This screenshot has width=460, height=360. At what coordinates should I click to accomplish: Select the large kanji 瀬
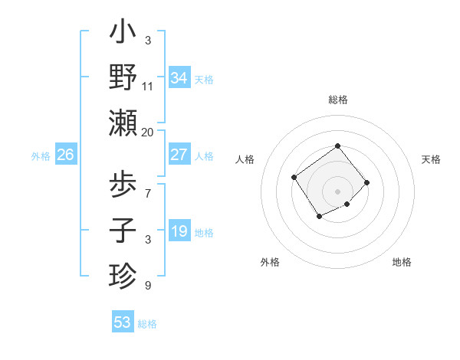[123, 123]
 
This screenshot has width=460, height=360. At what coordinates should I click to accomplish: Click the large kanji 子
[123, 230]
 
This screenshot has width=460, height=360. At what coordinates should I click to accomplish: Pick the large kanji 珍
[123, 274]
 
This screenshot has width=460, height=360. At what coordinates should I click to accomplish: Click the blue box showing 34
[179, 77]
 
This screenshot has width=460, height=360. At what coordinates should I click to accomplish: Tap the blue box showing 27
[179, 155]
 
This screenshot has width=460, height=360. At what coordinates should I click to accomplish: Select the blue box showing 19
[179, 231]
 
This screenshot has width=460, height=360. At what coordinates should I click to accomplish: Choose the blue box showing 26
[65, 155]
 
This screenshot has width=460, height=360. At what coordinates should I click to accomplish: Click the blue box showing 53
[123, 322]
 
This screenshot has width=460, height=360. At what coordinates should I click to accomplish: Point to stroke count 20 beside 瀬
[147, 133]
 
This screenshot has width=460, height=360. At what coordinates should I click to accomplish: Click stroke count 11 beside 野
[147, 87]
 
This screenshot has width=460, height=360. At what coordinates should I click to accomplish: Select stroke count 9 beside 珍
[147, 286]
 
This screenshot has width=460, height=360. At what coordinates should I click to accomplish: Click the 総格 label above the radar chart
[337, 100]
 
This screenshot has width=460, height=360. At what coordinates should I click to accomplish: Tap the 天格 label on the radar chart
[431, 159]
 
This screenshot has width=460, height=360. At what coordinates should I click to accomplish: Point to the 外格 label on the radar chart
[270, 262]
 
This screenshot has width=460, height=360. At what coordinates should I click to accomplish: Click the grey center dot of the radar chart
[337, 191]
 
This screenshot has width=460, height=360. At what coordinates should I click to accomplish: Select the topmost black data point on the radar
[337, 146]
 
